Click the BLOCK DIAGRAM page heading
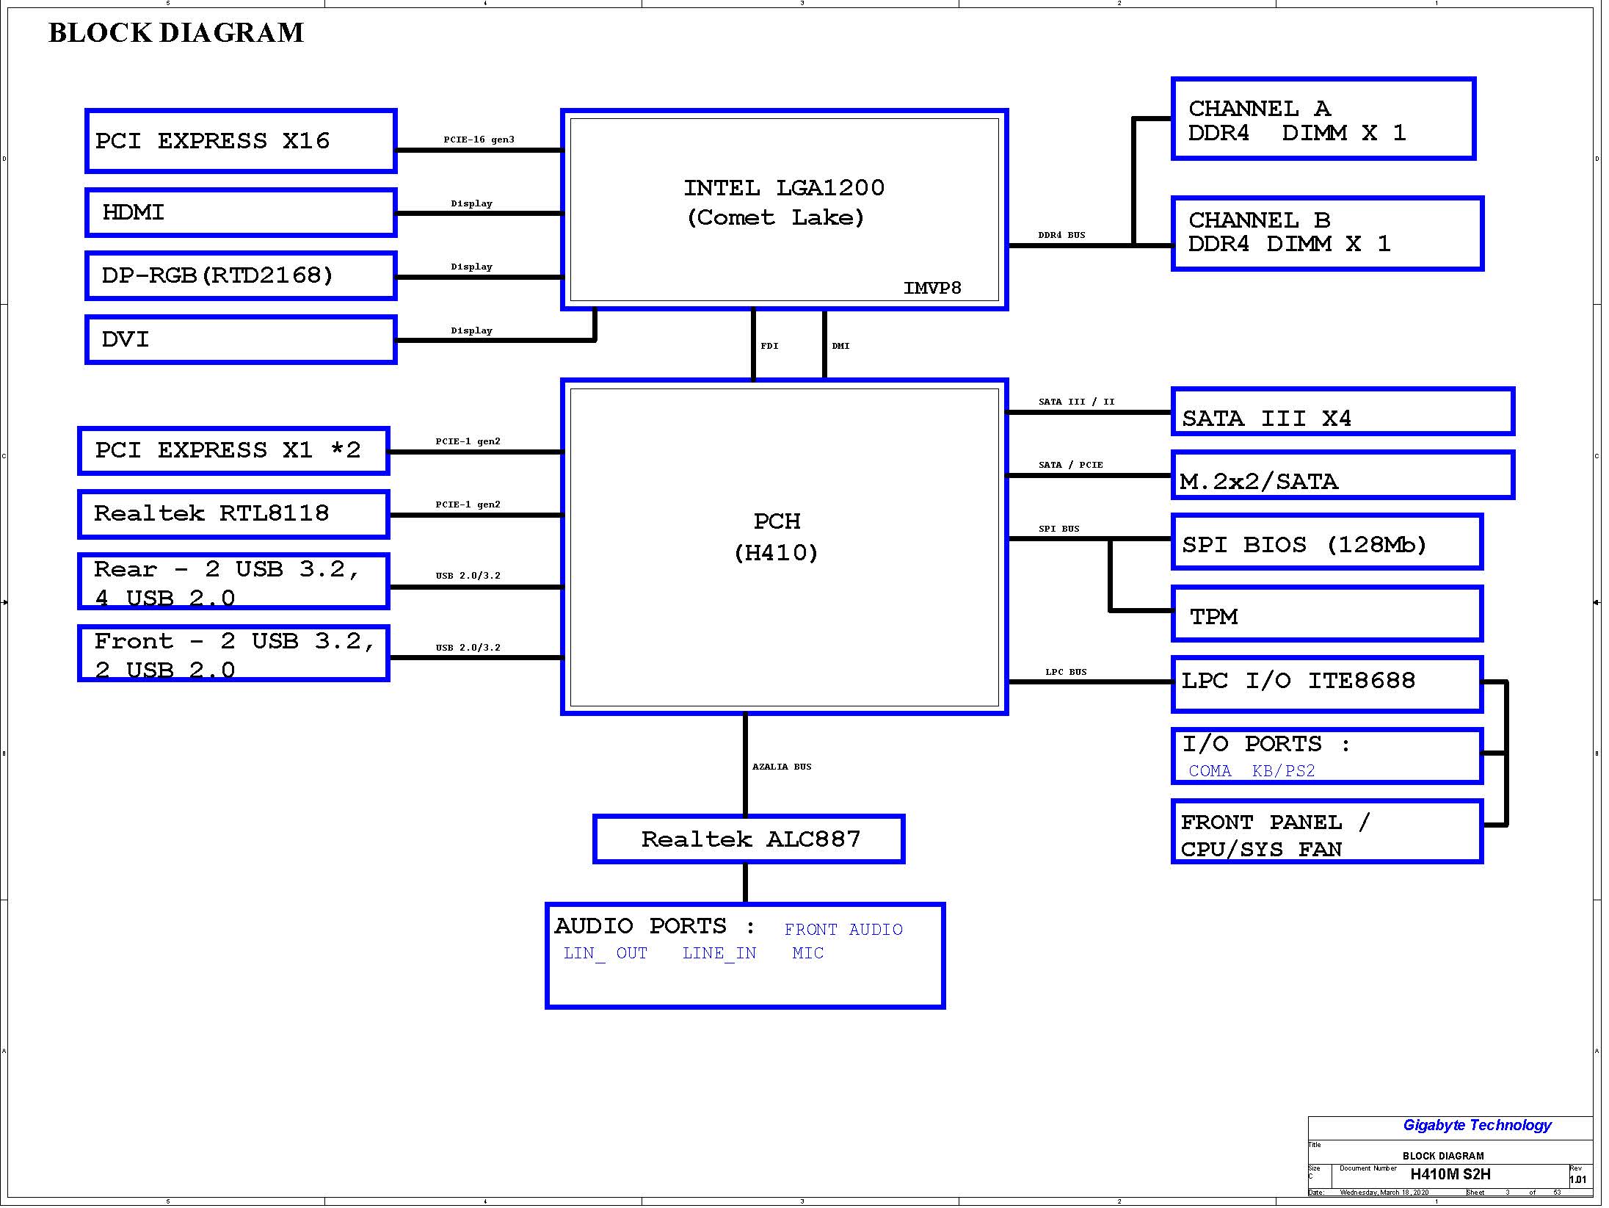[x=176, y=33]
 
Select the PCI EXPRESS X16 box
[x=241, y=141]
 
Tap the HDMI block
[x=241, y=213]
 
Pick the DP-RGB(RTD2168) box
[x=241, y=276]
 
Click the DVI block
[x=241, y=339]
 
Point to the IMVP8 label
[x=932, y=288]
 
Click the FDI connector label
[x=769, y=346]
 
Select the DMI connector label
[x=840, y=346]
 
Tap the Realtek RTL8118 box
[x=233, y=514]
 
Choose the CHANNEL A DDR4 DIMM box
[x=1323, y=118]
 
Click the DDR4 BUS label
[x=1061, y=235]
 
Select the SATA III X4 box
[x=1343, y=411]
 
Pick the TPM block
[x=1327, y=613]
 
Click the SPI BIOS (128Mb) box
[x=1327, y=542]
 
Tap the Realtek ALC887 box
[x=749, y=839]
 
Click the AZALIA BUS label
[x=782, y=767]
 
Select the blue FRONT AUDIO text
[x=843, y=930]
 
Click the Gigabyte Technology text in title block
[x=1477, y=1125]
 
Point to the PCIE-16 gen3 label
[x=479, y=140]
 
